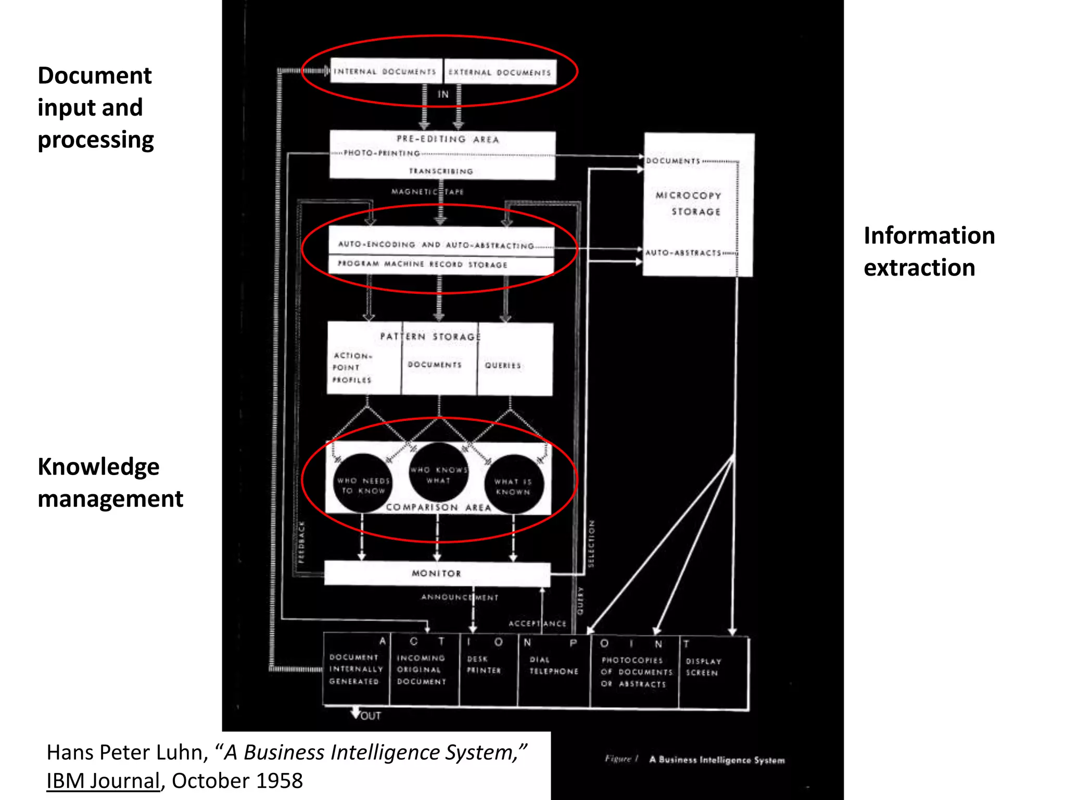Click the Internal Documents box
[x=386, y=71]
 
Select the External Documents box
[x=500, y=72]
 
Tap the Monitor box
[x=437, y=573]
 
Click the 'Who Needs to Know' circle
[x=363, y=483]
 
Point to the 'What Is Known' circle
[x=513, y=484]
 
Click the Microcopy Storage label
[x=689, y=203]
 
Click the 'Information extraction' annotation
[x=929, y=251]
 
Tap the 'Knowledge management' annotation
[x=110, y=482]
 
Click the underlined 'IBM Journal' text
[x=103, y=781]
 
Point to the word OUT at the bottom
[x=371, y=716]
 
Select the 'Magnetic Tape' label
[x=427, y=192]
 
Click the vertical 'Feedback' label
[x=301, y=542]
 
